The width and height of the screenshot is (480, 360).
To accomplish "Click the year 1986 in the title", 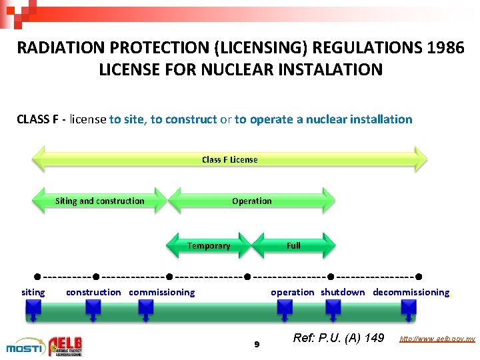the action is [441, 48].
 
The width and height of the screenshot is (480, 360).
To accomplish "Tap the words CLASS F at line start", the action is [40, 119].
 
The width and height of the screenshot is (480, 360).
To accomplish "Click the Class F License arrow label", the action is [229, 159].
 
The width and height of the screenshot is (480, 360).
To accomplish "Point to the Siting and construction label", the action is [99, 201].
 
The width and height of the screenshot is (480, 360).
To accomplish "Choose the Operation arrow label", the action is [251, 201].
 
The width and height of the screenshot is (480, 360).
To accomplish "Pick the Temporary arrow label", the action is [209, 245].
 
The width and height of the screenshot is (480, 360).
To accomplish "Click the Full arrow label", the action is [293, 245].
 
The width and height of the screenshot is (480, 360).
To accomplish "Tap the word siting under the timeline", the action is [33, 292].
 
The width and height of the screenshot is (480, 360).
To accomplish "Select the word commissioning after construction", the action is [162, 292].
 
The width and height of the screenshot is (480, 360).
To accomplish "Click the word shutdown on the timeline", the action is [343, 292].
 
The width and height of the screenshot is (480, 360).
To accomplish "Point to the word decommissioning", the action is [411, 292].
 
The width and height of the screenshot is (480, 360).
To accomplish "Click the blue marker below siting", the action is [33, 307].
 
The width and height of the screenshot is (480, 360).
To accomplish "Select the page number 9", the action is [257, 345].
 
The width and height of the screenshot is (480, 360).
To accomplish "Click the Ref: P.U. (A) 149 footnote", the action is [339, 339].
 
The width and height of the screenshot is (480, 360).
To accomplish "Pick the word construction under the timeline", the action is [93, 292].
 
